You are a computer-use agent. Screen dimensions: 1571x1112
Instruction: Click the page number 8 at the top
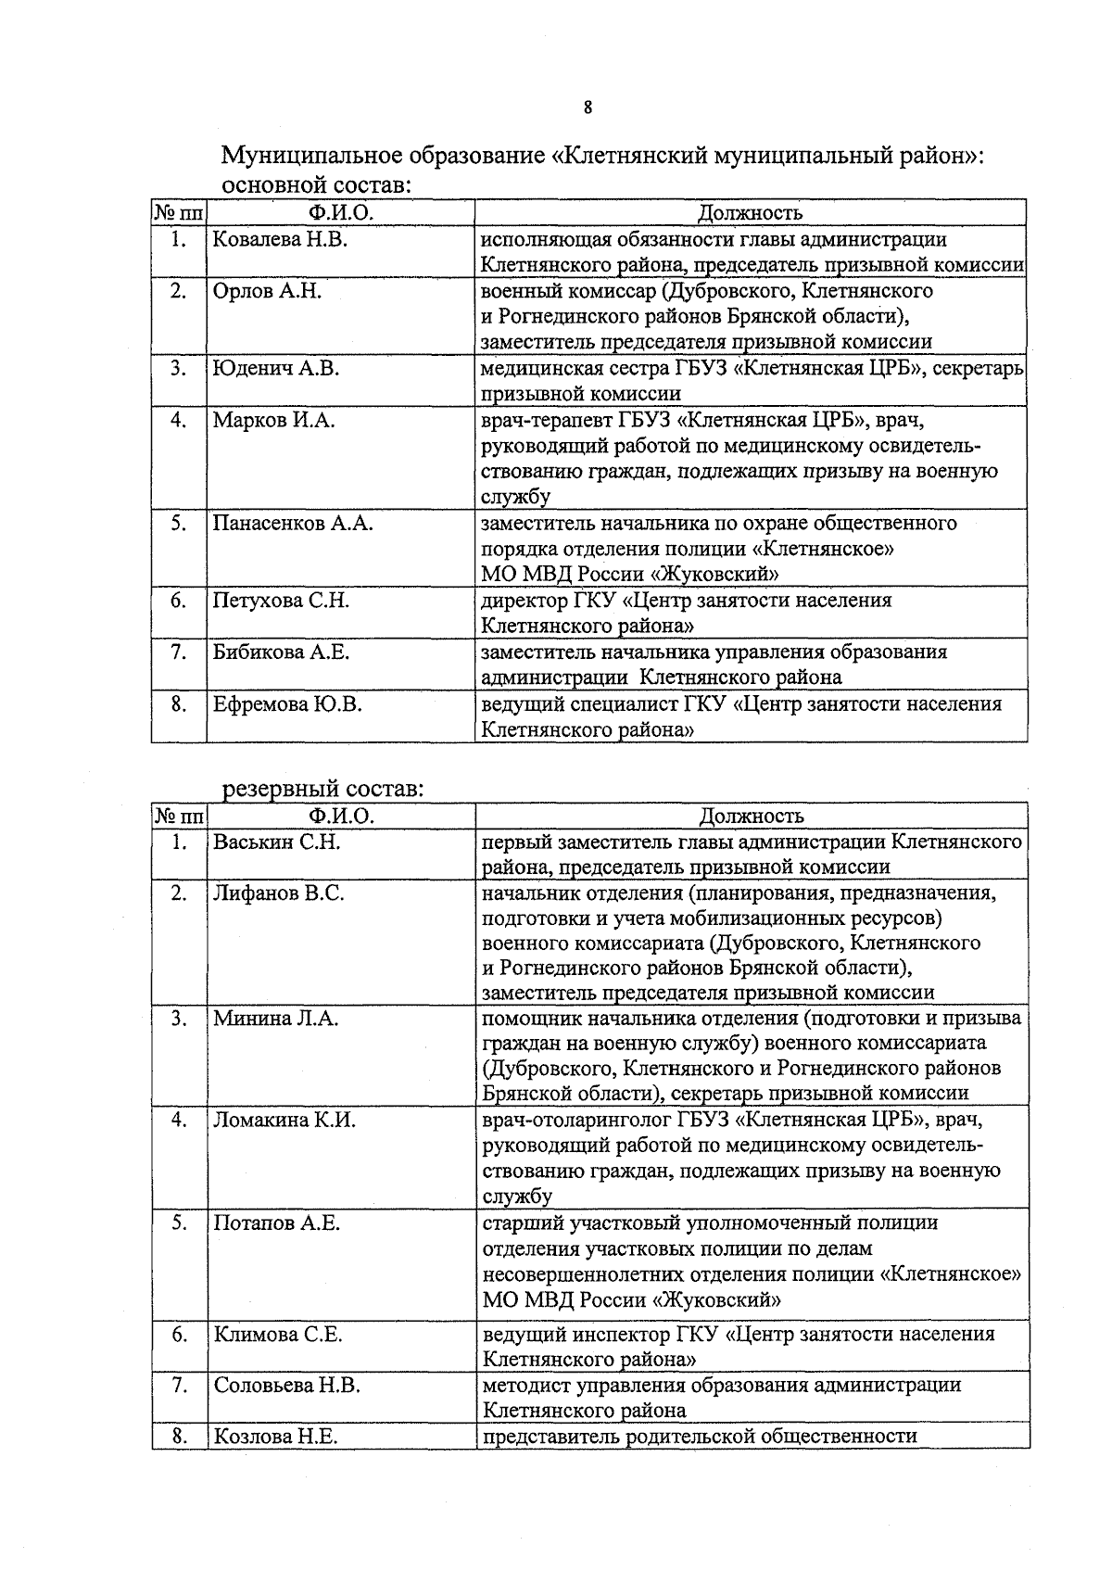pos(588,108)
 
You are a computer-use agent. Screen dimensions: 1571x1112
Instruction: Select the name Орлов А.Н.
pos(267,291)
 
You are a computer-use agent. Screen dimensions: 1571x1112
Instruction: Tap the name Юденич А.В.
pos(275,369)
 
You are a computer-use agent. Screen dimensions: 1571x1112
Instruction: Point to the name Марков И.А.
pos(273,421)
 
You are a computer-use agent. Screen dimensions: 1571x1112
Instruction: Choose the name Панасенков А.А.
pos(293,523)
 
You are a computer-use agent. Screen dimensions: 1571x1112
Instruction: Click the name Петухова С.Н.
pos(281,601)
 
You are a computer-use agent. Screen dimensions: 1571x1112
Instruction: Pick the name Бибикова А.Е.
pos(281,652)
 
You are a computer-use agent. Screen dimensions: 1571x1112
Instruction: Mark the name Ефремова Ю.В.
pos(287,704)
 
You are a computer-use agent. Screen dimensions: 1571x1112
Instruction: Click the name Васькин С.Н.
pos(277,843)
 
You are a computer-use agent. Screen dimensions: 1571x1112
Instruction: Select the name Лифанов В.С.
pos(279,893)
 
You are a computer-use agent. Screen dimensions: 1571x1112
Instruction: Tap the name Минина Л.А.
pos(275,1019)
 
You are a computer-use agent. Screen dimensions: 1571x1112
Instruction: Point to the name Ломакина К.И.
pos(284,1120)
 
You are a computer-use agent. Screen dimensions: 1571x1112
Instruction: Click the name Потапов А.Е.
pos(277,1223)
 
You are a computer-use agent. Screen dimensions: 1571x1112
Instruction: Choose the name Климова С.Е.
pos(278,1335)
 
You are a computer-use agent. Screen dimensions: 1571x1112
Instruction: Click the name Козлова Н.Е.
pos(275,1437)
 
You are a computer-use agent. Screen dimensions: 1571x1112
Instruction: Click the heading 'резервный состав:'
pos(322,790)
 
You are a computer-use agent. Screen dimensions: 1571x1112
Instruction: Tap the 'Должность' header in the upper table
pos(750,213)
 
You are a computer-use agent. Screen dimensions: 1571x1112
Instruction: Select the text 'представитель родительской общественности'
pos(700,1437)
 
